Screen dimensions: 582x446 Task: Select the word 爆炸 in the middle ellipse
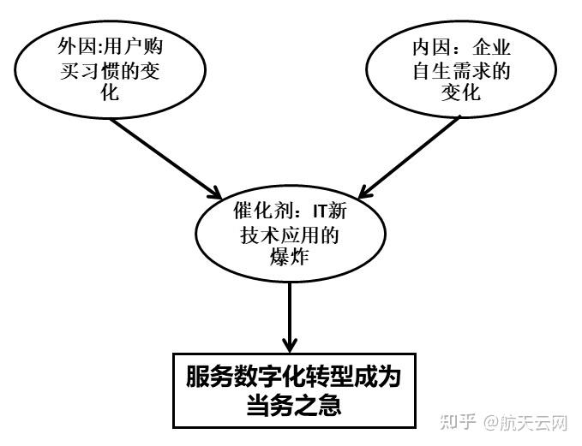click(x=287, y=258)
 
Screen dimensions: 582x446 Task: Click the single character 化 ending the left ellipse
click(x=104, y=92)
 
